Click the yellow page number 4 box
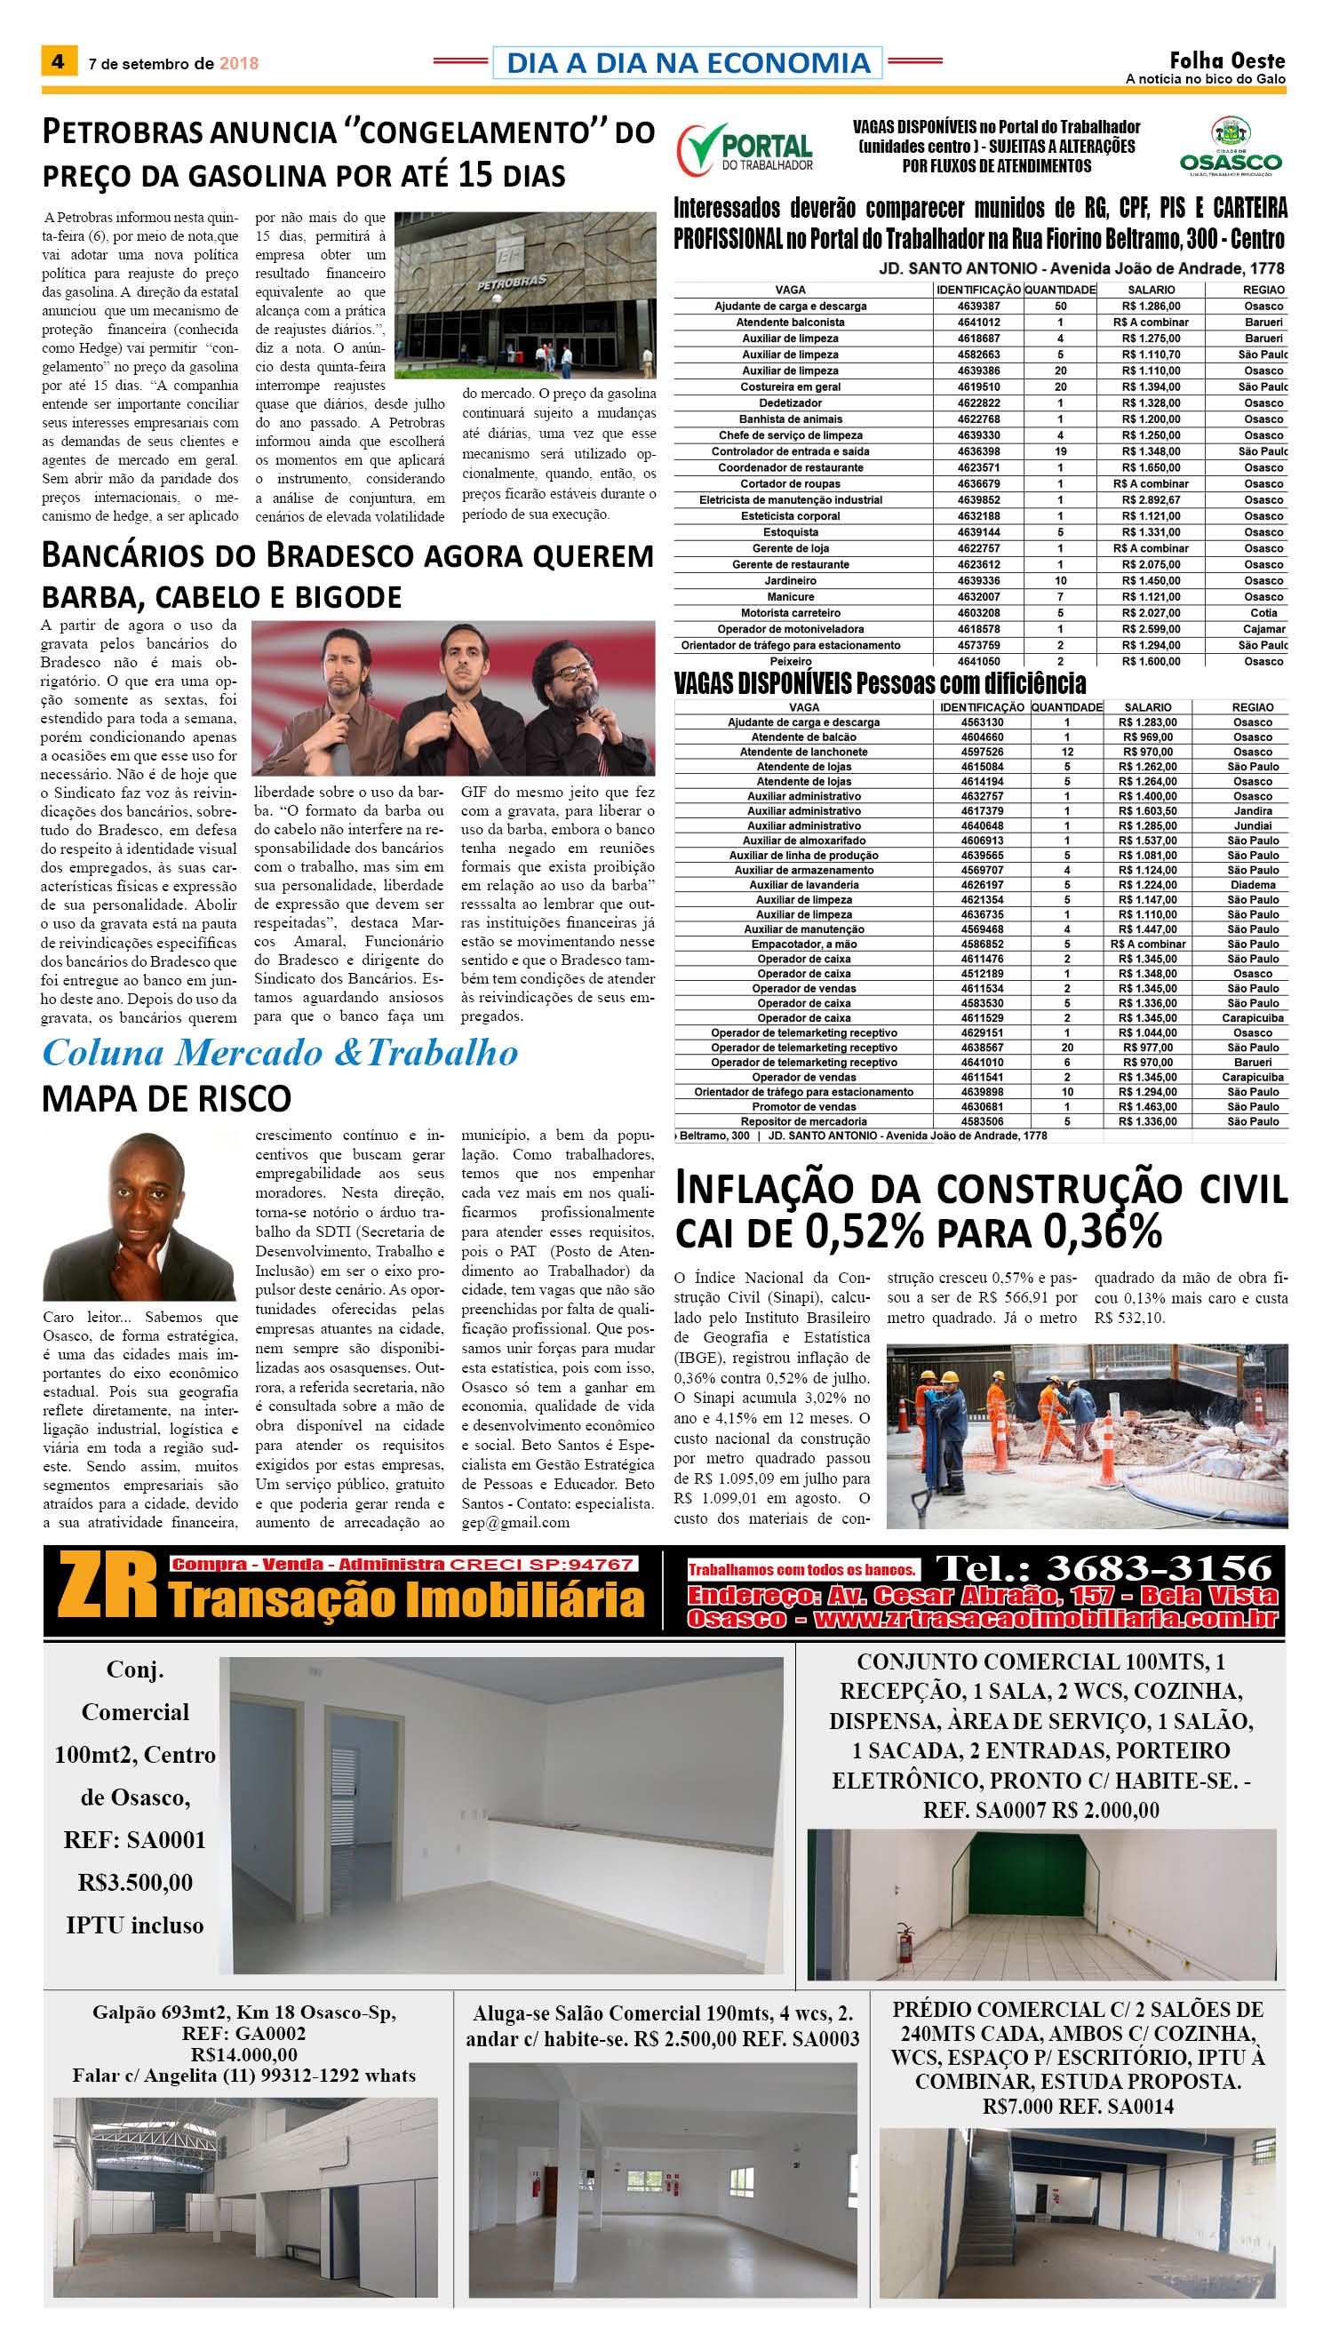(59, 61)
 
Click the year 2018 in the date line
(239, 64)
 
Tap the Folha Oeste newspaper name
(1227, 60)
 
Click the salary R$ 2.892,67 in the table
(1150, 500)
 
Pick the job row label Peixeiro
(790, 661)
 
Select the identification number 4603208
(978, 612)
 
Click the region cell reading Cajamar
(1263, 629)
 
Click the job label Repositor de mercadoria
(803, 1121)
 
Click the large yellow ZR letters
(107, 1588)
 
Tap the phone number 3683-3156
(1159, 1568)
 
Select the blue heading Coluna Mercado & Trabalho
(280, 1052)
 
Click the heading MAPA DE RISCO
(166, 1099)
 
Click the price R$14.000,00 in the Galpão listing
(244, 2054)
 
